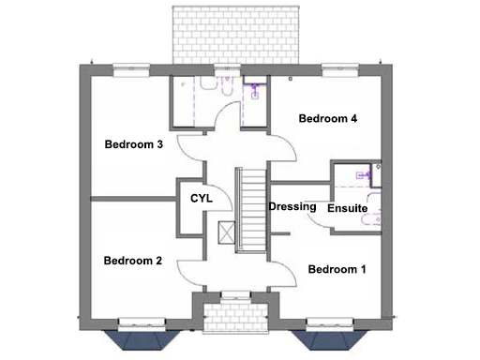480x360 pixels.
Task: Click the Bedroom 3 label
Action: (134, 144)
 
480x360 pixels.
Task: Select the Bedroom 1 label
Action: (337, 270)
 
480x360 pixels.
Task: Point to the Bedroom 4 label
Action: (328, 119)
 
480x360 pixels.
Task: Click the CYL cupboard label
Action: (202, 199)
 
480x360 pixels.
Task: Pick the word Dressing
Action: (292, 206)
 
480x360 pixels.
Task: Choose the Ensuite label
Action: (347, 208)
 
